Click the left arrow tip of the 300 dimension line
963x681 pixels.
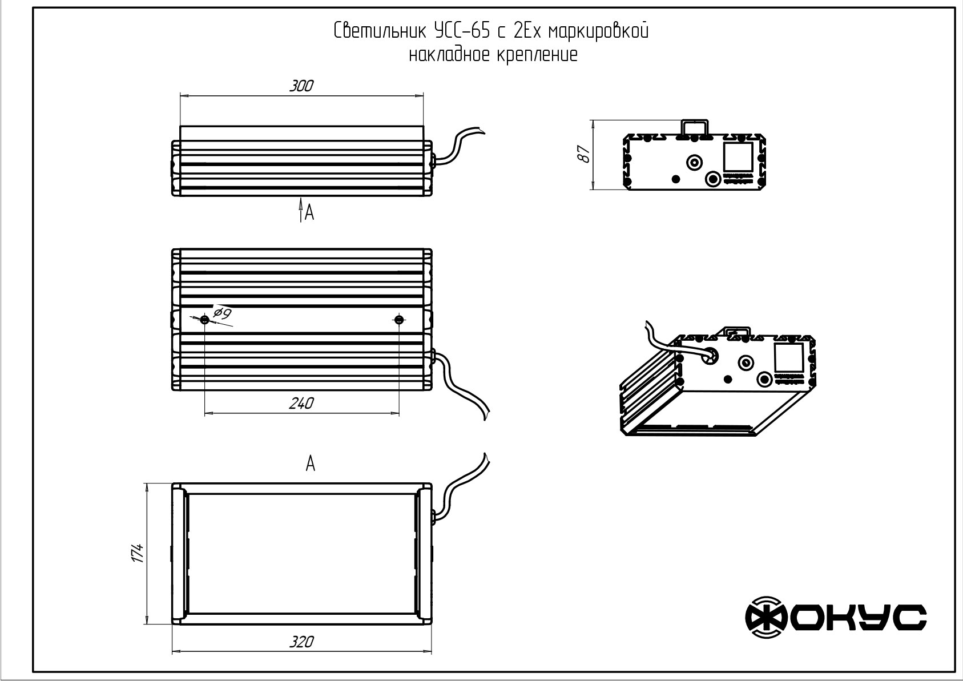(180, 95)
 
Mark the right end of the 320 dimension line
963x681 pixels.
(432, 652)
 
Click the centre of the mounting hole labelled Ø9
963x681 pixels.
(204, 320)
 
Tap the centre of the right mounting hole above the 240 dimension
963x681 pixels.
(400, 320)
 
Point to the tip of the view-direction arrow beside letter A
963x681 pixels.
(301, 198)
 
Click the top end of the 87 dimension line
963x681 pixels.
(593, 120)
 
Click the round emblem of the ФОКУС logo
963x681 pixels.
(766, 618)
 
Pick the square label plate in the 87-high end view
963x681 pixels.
(738, 157)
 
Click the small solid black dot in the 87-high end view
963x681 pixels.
(676, 179)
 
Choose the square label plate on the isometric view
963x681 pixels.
(789, 358)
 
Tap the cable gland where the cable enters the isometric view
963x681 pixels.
(710, 356)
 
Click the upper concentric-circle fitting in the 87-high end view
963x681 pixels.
(694, 163)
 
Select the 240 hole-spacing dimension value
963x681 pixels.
(301, 403)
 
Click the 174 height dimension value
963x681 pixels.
(138, 553)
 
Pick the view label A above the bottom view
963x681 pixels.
(311, 464)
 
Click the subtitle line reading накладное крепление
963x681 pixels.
(493, 55)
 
